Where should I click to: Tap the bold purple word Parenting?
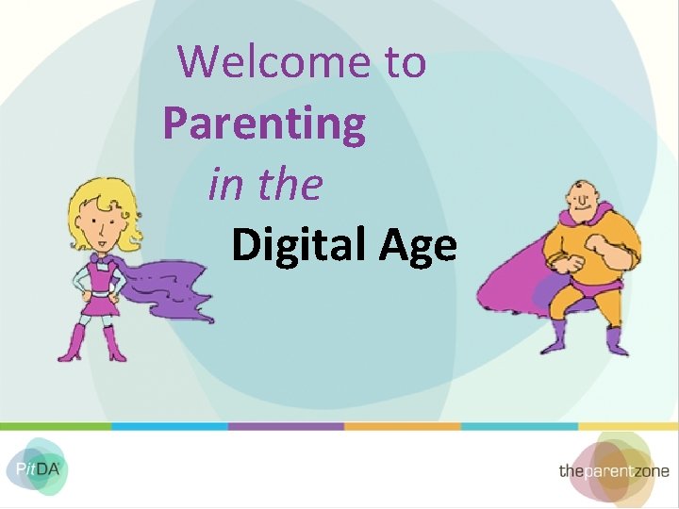coord(264,123)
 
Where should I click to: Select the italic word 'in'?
coord(224,185)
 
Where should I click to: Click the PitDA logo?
coord(36,467)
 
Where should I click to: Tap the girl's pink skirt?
coord(96,304)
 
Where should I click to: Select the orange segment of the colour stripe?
coord(402,426)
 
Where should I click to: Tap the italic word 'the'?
coord(290,185)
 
